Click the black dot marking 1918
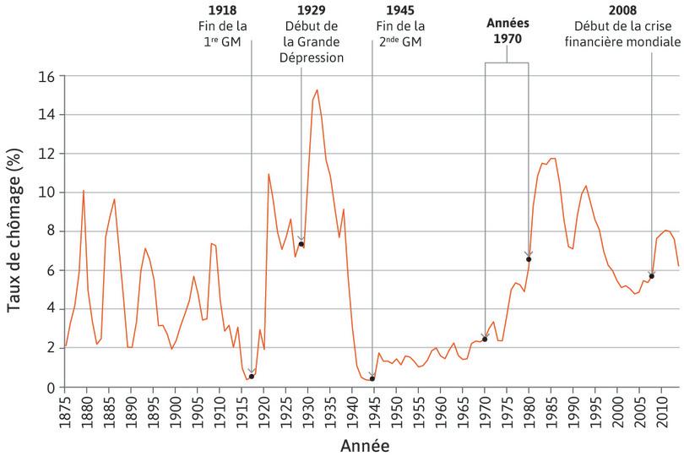(x=252, y=377)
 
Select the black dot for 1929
(x=301, y=244)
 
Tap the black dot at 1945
(x=372, y=378)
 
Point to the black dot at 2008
(x=652, y=276)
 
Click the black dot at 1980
(x=529, y=259)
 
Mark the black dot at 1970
(x=485, y=339)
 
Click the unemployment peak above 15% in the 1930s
(x=317, y=90)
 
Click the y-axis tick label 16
(x=46, y=76)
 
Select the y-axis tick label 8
(x=51, y=231)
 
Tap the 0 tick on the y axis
(x=51, y=388)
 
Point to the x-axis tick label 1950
(x=397, y=411)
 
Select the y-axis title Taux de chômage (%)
(x=15, y=232)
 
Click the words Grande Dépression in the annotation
(x=313, y=51)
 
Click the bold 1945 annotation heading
(x=399, y=10)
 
